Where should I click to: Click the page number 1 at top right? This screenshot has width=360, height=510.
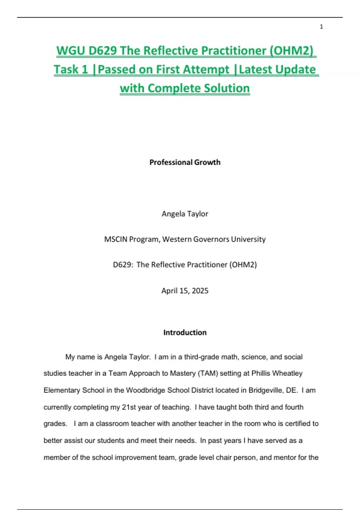321,27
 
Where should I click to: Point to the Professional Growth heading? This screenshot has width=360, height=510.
185,162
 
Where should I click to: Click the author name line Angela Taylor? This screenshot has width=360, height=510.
185,214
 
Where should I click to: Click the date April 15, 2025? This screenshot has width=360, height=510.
185,290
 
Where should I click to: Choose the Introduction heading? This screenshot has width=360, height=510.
185,332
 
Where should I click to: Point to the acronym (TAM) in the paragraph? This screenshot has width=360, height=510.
208,373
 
